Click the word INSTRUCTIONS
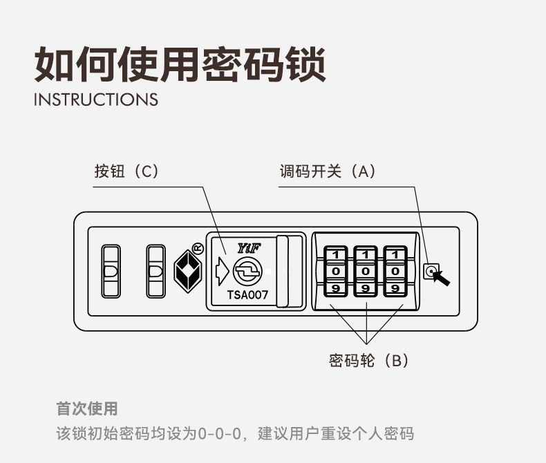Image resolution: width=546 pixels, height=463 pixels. point(96,100)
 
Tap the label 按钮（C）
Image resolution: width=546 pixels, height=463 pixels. point(127,171)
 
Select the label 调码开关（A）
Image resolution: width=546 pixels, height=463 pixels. point(328,171)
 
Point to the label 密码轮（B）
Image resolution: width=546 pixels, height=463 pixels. point(369,360)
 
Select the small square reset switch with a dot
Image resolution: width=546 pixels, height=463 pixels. point(431,271)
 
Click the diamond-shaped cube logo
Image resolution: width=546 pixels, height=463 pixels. point(185,271)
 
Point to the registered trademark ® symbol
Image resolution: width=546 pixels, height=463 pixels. point(196,247)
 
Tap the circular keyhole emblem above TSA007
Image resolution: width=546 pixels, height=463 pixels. point(247,272)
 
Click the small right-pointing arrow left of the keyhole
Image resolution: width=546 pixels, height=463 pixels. point(221,272)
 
